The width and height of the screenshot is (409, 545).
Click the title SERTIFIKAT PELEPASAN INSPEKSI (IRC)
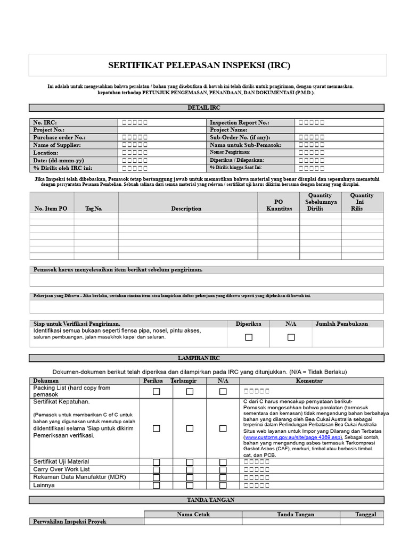(x=207, y=65)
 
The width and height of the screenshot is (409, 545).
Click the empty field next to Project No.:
(x=162, y=130)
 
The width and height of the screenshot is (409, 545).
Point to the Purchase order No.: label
(x=59, y=137)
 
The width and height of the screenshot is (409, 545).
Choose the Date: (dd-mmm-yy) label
(x=59, y=160)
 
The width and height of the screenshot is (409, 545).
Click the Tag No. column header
(x=94, y=209)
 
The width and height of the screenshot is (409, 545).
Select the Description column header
(x=186, y=209)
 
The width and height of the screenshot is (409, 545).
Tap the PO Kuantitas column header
(x=279, y=205)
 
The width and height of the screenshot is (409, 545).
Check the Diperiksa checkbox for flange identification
(x=248, y=337)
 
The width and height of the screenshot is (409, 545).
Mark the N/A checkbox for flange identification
(x=291, y=337)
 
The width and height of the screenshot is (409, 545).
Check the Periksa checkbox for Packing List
(x=157, y=392)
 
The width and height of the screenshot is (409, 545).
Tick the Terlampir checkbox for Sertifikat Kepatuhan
(x=190, y=428)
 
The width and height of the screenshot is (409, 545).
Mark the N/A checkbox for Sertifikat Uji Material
(x=223, y=462)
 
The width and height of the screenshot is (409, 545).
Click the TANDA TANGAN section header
(x=207, y=500)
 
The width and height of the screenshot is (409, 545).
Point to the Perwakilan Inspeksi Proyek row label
(x=70, y=522)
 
